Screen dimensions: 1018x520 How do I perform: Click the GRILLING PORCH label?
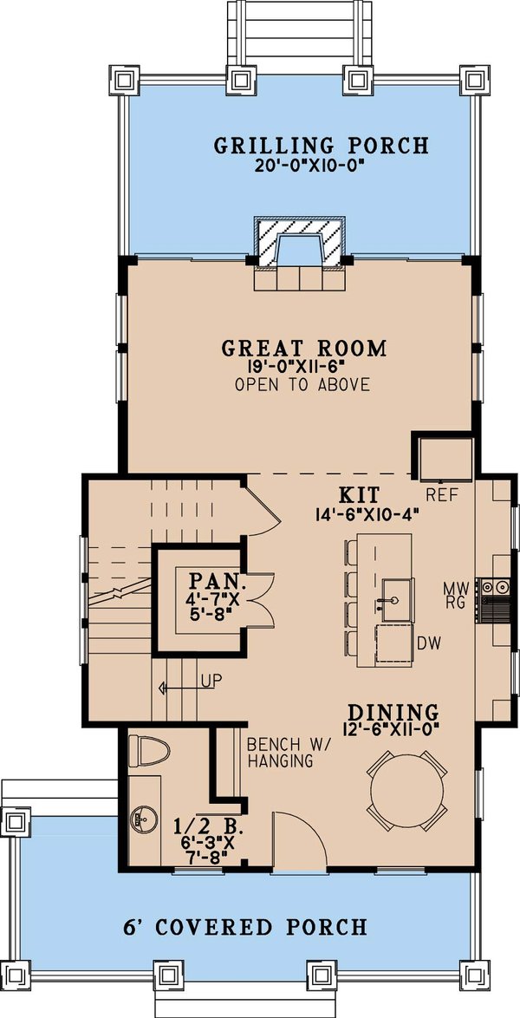tap(322, 145)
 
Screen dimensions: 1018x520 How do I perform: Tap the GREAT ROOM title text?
tap(303, 349)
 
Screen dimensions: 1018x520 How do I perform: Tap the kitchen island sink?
tap(392, 597)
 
